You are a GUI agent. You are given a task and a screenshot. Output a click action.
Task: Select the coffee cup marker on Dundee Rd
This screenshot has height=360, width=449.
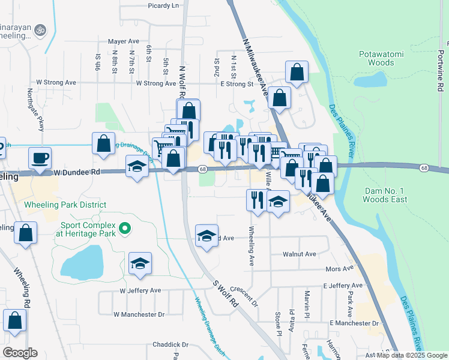[40, 158]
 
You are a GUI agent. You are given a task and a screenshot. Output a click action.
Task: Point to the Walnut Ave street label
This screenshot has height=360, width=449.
[300, 254]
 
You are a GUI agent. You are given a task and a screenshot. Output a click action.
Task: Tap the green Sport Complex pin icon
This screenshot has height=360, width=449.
[125, 228]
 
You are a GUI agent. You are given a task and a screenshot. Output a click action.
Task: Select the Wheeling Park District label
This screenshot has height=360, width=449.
[65, 205]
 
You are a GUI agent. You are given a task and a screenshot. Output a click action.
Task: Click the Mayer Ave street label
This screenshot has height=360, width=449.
[124, 42]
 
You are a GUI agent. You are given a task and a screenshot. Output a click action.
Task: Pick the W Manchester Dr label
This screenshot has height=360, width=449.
[139, 314]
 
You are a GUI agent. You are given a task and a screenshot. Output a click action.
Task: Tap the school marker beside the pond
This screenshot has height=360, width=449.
[140, 263]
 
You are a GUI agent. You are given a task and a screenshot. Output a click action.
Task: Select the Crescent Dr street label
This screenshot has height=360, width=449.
[243, 296]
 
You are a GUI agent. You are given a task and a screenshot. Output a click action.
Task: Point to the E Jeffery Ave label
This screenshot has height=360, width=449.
[343, 286]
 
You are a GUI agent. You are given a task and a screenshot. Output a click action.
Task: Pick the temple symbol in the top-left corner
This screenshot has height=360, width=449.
[41, 29]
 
